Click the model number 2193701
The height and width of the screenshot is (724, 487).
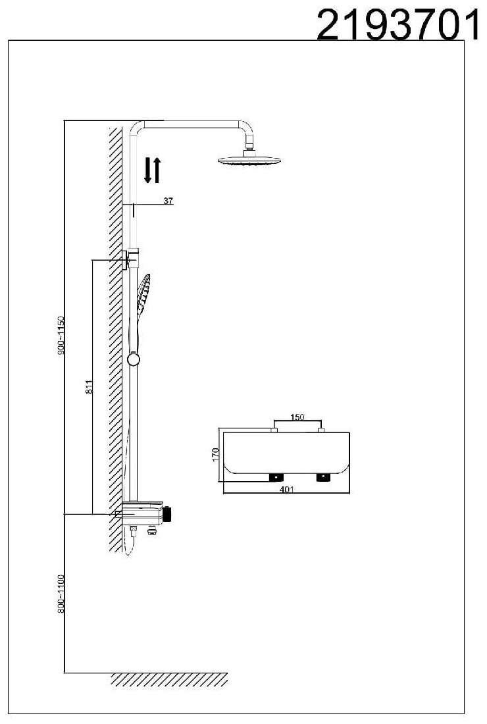397,25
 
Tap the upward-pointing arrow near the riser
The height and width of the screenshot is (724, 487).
157,170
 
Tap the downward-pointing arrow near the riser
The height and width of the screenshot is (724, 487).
148,170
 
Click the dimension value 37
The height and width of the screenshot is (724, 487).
168,201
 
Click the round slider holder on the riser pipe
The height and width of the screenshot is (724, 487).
134,359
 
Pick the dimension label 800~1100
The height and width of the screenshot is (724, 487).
60,594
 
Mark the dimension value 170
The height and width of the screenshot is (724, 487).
215,454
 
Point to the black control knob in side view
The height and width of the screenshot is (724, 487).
168,513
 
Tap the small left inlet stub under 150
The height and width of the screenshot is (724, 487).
274,430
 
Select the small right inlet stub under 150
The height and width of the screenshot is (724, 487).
322,430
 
